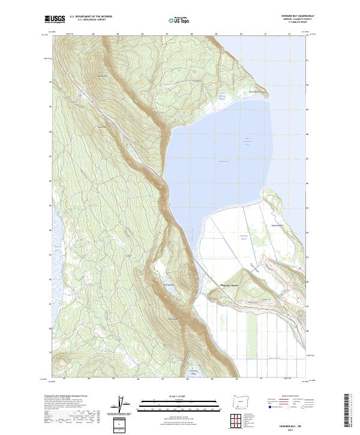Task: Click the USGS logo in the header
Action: click(55, 19)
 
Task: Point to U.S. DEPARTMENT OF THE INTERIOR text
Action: click(91, 17)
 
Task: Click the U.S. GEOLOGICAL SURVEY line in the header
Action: click(91, 20)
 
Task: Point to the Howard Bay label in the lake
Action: click(224, 161)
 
